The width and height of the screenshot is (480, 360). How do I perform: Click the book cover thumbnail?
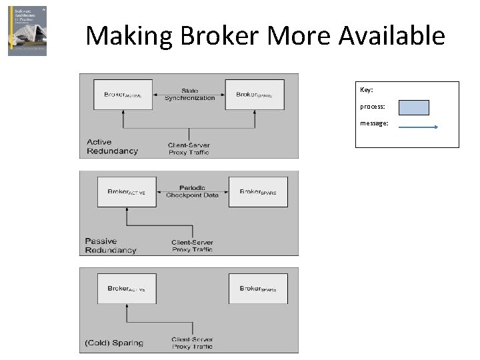27,31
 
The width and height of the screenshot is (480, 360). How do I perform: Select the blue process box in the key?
413,107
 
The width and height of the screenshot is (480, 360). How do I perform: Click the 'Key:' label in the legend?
367,90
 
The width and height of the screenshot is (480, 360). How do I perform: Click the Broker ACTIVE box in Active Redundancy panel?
123,95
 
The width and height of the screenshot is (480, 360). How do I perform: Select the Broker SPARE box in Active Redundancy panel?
255,95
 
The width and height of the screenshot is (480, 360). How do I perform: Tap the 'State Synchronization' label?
189,95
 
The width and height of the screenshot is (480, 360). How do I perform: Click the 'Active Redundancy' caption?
113,146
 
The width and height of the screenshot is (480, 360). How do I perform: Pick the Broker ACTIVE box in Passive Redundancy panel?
126,192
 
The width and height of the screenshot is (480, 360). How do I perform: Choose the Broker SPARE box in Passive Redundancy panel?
258,192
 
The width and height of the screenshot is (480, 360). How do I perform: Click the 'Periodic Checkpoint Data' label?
192,192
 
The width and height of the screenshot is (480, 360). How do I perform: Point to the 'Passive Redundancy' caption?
111,245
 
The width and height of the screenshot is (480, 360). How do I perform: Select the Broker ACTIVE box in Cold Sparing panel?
126,289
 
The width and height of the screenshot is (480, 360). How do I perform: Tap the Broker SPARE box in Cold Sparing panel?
258,289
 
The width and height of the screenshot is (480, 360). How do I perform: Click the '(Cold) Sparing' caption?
114,343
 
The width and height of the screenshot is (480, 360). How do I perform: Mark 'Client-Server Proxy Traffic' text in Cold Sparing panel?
192,343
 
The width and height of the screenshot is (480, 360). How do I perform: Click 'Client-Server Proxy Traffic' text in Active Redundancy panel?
189,148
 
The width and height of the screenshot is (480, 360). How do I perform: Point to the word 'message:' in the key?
374,123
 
